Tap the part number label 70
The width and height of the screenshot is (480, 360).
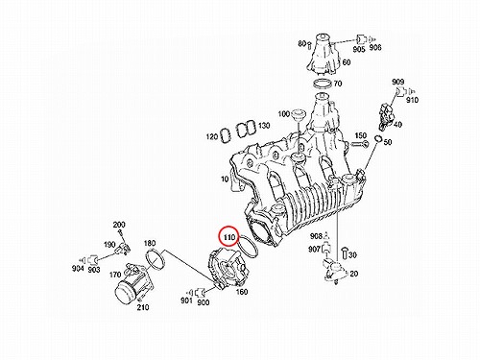pos(338,84)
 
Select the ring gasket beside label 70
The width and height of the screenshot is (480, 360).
pos(322,84)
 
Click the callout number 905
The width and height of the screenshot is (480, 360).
pos(359,50)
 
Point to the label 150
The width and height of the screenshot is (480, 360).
pos(361,135)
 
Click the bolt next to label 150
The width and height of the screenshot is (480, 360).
pos(360,144)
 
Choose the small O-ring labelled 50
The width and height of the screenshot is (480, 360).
pos(378,139)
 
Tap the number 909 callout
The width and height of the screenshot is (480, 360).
pos(398,82)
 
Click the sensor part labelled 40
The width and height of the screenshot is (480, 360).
pos(386,117)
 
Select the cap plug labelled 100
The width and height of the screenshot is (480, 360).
pos(299,114)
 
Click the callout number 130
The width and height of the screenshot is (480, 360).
pos(264,126)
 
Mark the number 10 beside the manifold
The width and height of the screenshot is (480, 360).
pos(225,180)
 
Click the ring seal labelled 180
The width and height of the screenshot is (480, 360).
pos(156,259)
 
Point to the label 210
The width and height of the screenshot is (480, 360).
pos(143,307)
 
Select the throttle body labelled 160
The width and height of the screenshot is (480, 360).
pos(228,269)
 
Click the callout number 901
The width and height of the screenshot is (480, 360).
pos(186,300)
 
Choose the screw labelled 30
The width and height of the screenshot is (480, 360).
pos(345,252)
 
